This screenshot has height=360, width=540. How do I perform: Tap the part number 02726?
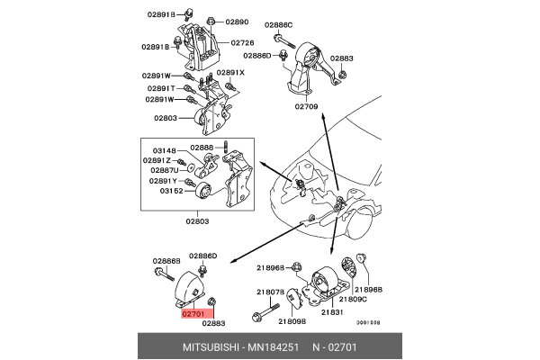tap(242, 42)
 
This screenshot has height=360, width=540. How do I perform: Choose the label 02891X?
tap(229, 73)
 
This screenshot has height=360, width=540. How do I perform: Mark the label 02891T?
tap(159, 88)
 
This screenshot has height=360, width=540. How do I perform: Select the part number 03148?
tap(165, 150)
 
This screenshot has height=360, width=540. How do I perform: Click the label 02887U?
tap(164, 170)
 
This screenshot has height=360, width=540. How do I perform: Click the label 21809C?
tap(351, 298)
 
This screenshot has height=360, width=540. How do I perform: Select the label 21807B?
tap(271, 291)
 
